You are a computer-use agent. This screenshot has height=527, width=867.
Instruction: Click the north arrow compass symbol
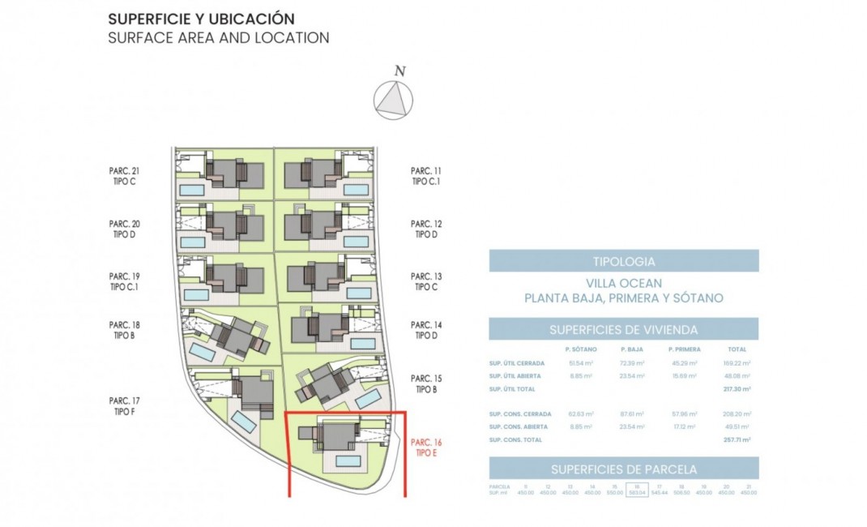pos(393,100)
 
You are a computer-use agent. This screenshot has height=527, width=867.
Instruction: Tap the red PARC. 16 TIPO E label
pos(426,447)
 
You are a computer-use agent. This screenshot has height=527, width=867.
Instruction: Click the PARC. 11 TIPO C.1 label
pos(426,176)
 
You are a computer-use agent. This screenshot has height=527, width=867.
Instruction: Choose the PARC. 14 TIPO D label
pos(426,329)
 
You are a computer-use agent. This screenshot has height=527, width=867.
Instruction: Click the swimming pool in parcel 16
pos(348,461)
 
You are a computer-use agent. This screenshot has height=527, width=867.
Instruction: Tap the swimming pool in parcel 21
pos(192,190)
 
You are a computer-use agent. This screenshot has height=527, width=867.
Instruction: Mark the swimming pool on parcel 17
pos(242,422)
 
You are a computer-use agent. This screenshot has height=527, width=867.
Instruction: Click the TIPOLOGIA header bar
pos(623,261)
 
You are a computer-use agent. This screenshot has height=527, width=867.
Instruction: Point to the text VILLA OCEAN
pos(623,283)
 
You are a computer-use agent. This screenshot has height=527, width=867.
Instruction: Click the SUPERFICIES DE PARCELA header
pos(623,469)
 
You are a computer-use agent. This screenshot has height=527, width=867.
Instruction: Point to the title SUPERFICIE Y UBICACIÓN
pos(201,19)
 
